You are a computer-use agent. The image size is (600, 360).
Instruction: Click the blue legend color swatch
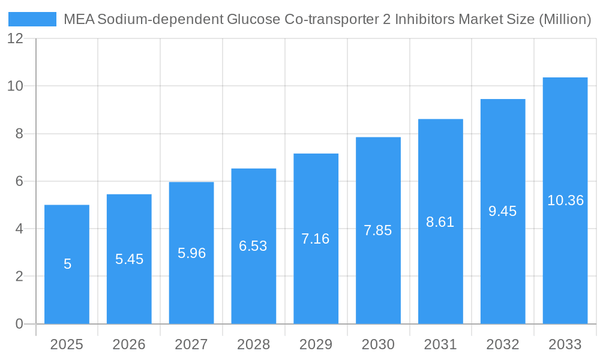point(32,19)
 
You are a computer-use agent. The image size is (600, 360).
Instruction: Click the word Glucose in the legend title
point(253,19)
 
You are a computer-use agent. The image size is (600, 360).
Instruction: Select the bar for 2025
point(67,264)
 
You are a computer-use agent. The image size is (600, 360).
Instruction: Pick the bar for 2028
point(253,246)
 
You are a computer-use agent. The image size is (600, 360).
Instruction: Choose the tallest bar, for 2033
point(565,200)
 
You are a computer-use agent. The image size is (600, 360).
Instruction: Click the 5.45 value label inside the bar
point(129,259)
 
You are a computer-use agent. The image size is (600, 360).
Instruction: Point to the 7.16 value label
point(316,239)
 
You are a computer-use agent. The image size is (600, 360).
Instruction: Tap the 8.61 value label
point(440,222)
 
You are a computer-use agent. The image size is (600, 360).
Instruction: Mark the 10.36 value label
point(565,200)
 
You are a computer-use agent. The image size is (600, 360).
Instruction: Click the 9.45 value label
point(503,211)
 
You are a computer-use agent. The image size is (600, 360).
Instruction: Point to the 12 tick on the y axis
point(15,38)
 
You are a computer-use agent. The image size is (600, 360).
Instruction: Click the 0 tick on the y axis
point(19,324)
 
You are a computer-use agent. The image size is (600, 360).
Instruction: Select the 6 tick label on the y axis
point(19,181)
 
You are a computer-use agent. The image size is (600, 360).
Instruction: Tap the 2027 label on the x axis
point(191,344)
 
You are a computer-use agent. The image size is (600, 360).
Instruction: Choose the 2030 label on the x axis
point(378,344)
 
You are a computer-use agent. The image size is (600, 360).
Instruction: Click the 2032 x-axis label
point(503,344)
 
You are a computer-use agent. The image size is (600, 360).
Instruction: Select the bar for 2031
point(440,270)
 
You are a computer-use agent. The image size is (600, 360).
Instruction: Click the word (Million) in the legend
point(565,19)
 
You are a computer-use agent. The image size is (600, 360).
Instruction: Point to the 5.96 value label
point(191,253)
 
